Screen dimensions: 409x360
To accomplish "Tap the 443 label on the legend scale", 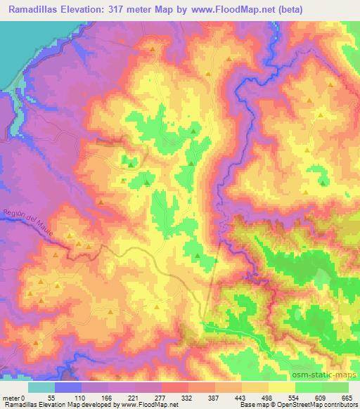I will click(x=241, y=398).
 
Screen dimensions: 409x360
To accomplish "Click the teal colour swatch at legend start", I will click(x=41, y=387).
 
